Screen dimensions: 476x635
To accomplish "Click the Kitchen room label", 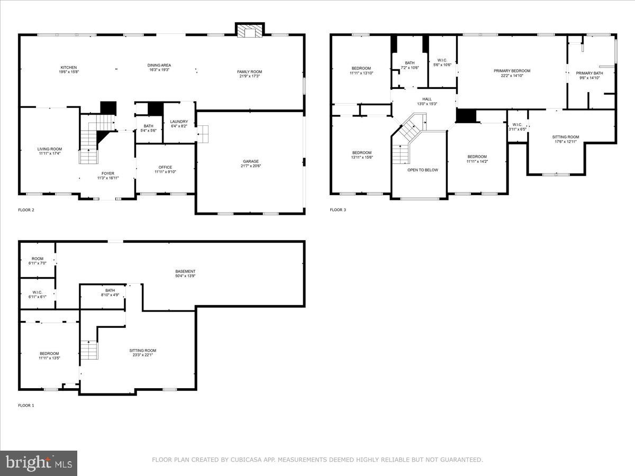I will [x=69, y=68].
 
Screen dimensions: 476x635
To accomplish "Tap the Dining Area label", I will [x=159, y=66].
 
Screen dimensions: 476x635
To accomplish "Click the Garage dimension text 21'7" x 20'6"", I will [x=251, y=166].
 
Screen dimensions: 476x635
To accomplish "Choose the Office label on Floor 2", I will [x=165, y=167].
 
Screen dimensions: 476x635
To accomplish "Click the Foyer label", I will [x=108, y=173].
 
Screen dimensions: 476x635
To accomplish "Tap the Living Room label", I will [x=49, y=149].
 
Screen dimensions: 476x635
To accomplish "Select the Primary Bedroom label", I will [x=512, y=71].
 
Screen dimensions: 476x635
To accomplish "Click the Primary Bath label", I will [x=589, y=73].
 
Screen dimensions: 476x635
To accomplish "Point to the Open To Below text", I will [x=422, y=170].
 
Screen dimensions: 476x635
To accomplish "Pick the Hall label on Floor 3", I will [x=427, y=99].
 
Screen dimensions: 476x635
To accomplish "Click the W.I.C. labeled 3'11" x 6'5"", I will [x=517, y=125].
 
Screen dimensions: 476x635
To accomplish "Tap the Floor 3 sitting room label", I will [x=567, y=137].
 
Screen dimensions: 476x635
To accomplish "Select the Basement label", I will [x=185, y=271].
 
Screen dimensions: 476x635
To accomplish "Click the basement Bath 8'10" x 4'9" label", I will [x=110, y=290].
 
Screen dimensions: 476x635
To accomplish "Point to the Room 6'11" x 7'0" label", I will [x=38, y=259].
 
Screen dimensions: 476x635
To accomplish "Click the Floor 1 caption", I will [x=26, y=406].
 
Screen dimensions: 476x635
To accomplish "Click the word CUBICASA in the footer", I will [x=245, y=460].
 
